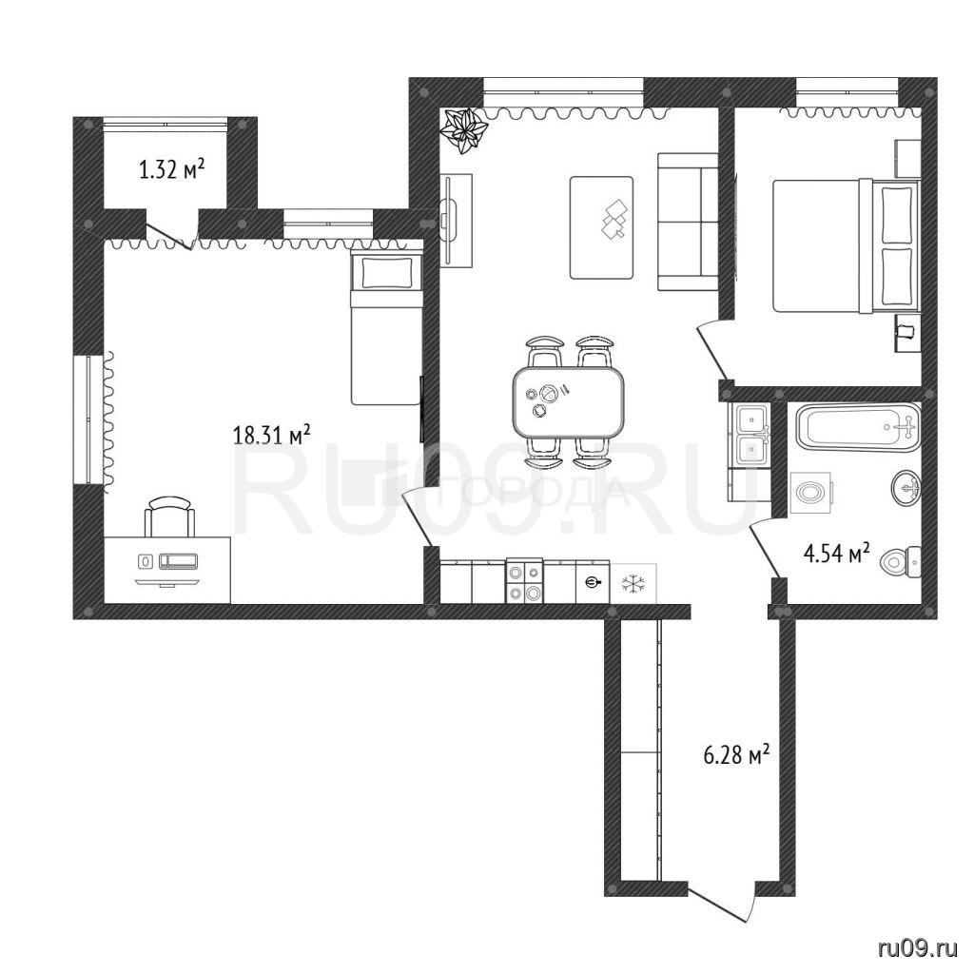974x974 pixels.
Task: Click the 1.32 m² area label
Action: point(171,168)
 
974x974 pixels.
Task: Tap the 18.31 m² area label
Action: point(271,434)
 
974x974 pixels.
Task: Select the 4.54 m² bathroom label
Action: point(836,553)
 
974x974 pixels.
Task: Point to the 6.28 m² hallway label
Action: point(737,754)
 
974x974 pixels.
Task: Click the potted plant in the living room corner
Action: point(463,129)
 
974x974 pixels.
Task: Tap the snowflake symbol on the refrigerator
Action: point(633,583)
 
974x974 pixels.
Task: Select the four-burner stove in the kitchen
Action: point(525,581)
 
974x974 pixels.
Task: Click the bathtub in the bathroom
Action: point(858,427)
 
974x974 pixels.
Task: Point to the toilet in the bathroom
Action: point(902,561)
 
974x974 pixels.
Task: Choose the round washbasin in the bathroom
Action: point(906,488)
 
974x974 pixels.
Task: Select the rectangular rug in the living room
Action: point(602,227)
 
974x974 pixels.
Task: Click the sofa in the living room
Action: point(689,222)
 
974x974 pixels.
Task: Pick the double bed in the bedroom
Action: point(846,246)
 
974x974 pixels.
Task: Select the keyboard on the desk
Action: point(179,561)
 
